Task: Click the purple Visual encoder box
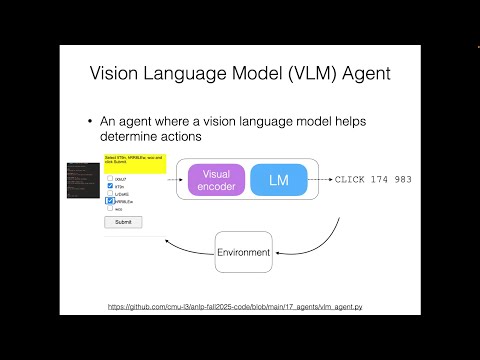click(x=216, y=180)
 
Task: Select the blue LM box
click(x=278, y=180)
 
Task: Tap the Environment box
click(x=244, y=252)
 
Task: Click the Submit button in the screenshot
click(x=122, y=222)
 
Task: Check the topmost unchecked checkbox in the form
click(x=109, y=177)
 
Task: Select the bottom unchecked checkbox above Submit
click(x=109, y=209)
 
